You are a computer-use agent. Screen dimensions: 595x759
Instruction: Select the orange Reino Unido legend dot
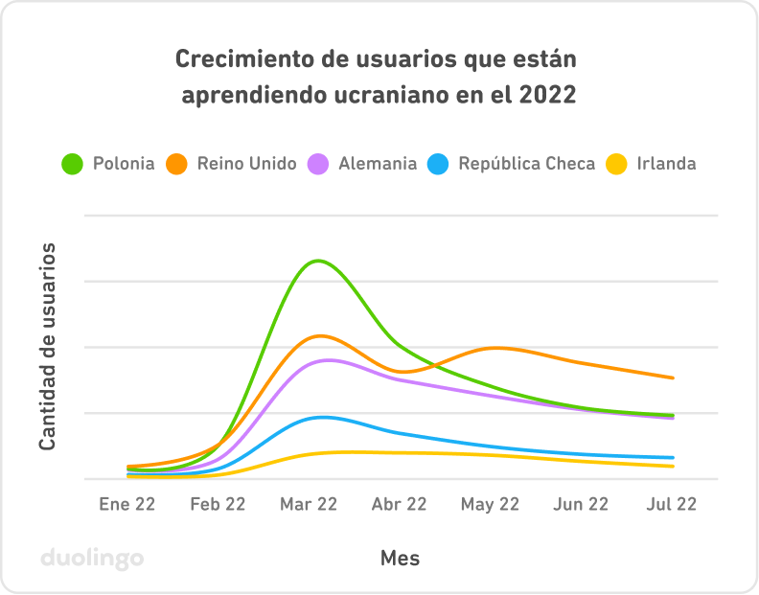pyautogui.click(x=177, y=164)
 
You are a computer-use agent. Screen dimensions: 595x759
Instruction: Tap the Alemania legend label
pyautogui.click(x=378, y=164)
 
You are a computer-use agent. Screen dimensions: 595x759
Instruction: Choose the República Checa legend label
pyautogui.click(x=526, y=164)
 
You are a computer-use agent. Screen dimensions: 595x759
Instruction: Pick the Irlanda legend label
pyautogui.click(x=666, y=164)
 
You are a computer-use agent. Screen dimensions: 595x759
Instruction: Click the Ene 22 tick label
pyautogui.click(x=126, y=504)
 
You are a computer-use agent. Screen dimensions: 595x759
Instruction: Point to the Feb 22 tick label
pyautogui.click(x=218, y=504)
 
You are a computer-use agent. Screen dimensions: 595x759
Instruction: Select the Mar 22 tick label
pyautogui.click(x=309, y=504)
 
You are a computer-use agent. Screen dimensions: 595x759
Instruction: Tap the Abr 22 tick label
pyautogui.click(x=399, y=504)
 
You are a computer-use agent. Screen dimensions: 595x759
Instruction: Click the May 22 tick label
pyautogui.click(x=490, y=504)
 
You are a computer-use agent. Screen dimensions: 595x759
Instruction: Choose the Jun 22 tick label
pyautogui.click(x=582, y=504)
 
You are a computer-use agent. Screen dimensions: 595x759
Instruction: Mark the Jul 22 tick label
pyautogui.click(x=673, y=504)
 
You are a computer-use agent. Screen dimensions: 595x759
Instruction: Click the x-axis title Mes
pyautogui.click(x=400, y=558)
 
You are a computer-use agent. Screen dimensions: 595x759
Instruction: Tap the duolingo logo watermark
pyautogui.click(x=92, y=559)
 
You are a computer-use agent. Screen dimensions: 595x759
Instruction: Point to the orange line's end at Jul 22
pyautogui.click(x=673, y=378)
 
